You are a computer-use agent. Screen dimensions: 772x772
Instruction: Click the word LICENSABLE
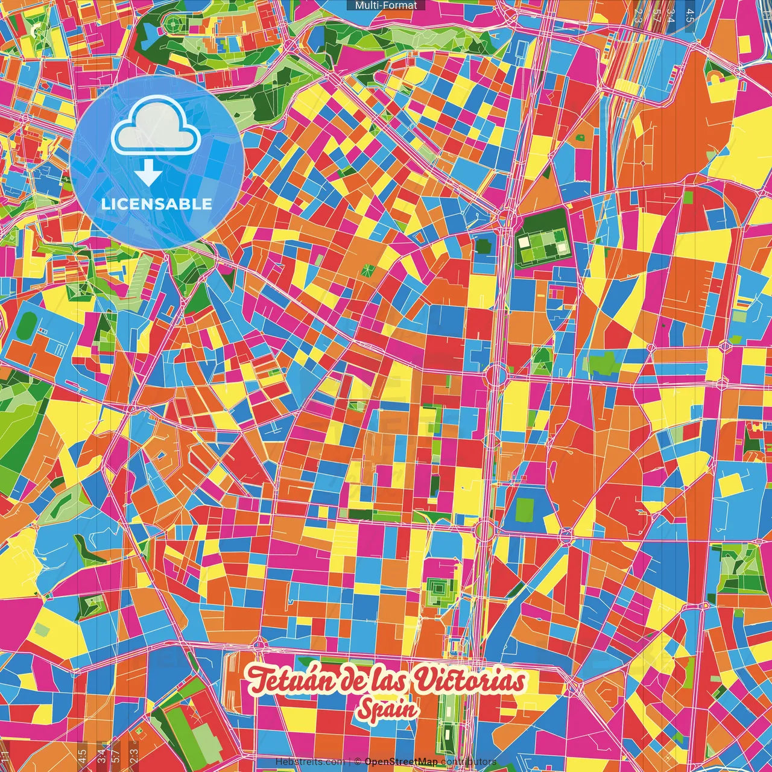157,204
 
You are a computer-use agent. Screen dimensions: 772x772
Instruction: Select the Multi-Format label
386,5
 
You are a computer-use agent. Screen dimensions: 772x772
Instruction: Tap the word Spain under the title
386,710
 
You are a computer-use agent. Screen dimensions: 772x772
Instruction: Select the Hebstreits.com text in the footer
309,762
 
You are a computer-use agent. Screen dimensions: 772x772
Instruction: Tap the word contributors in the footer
468,762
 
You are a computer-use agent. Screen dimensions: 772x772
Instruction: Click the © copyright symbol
358,762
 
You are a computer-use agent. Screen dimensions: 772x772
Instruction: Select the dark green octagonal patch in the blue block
482,247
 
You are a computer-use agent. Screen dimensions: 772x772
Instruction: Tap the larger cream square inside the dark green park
524,242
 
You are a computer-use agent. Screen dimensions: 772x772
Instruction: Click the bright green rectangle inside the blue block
525,510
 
